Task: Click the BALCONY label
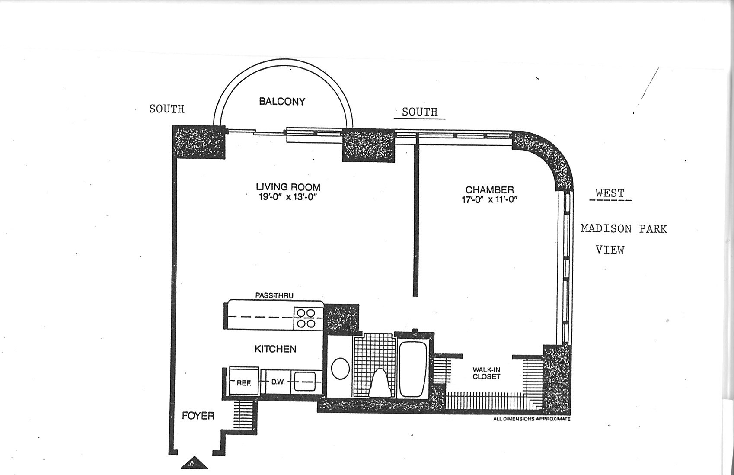282,102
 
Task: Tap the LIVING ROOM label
288,187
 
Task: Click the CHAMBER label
489,190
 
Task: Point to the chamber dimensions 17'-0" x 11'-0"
489,199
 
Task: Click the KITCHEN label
275,349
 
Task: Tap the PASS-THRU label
274,296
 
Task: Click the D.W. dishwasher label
277,382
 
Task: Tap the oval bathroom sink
340,369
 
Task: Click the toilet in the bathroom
381,382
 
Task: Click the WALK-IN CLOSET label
486,373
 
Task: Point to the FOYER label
198,416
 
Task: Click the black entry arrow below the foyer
194,463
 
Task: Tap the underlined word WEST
610,193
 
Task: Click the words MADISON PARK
623,228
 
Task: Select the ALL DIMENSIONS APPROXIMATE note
532,419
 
